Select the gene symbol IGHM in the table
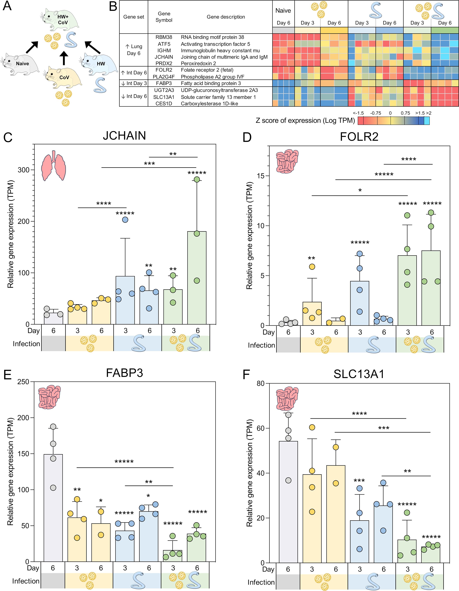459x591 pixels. point(164,50)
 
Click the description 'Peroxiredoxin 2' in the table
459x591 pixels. point(198,63)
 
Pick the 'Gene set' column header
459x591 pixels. point(134,17)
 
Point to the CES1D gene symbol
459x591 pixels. point(164,103)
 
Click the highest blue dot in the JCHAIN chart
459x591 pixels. point(125,220)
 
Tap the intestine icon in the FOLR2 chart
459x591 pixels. point(287,161)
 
